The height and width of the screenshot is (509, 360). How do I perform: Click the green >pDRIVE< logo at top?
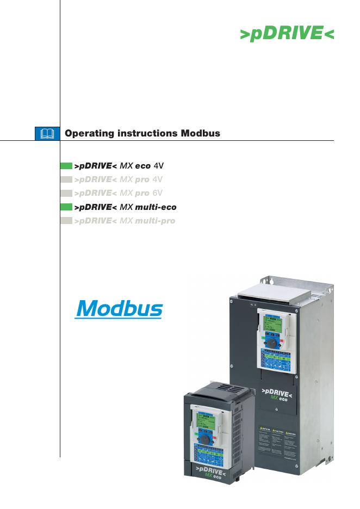point(287,33)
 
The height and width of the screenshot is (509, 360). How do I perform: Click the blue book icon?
point(48,133)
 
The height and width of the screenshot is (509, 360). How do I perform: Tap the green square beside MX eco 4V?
point(66,165)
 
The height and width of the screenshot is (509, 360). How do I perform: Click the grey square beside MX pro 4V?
point(66,179)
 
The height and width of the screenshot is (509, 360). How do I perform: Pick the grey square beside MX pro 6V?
point(66,193)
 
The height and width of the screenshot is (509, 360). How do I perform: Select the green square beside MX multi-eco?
point(66,207)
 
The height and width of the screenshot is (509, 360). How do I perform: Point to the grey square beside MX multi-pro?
point(66,221)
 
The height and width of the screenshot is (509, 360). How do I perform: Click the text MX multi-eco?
point(148,207)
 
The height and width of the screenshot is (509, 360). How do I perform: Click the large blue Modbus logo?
point(119,308)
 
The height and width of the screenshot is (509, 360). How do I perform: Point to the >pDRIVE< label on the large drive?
point(277,392)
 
